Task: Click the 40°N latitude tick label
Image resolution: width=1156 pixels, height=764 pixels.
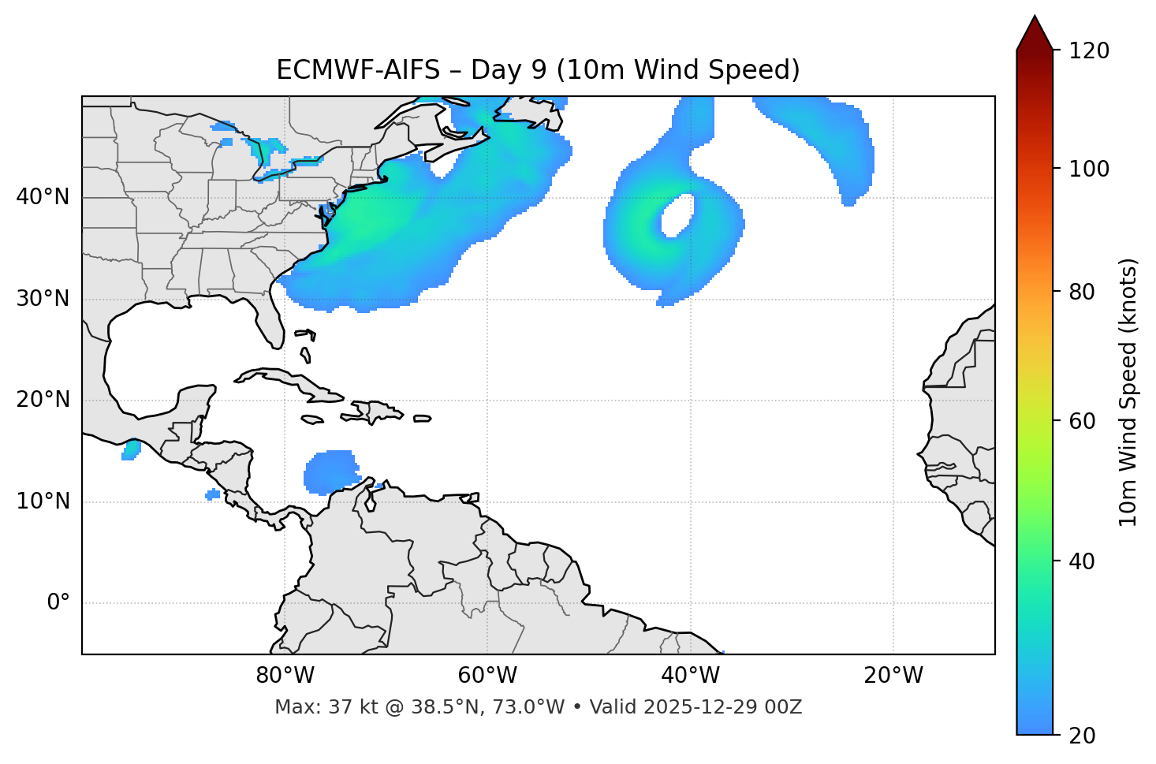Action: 43,197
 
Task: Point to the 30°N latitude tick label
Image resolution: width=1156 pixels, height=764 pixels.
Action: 43,299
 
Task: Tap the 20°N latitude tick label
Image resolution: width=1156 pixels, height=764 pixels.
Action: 43,400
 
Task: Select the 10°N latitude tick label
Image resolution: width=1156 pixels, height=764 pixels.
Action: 43,501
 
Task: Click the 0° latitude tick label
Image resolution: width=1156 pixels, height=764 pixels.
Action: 58,603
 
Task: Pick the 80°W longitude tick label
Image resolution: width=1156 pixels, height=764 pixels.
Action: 285,676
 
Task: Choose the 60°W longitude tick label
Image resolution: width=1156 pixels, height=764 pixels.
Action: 487,676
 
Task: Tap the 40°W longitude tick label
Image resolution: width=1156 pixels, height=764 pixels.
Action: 690,676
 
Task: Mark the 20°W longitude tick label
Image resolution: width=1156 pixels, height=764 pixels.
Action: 893,676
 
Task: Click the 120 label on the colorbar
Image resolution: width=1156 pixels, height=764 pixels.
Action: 1089,50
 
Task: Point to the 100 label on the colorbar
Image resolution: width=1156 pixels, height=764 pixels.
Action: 1089,169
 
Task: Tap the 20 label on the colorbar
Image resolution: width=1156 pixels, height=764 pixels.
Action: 1083,736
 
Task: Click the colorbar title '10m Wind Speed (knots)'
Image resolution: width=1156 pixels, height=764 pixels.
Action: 1128,392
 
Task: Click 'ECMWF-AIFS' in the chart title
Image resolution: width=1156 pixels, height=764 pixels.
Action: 358,70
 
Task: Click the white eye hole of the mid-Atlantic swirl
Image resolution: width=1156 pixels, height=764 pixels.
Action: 678,215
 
